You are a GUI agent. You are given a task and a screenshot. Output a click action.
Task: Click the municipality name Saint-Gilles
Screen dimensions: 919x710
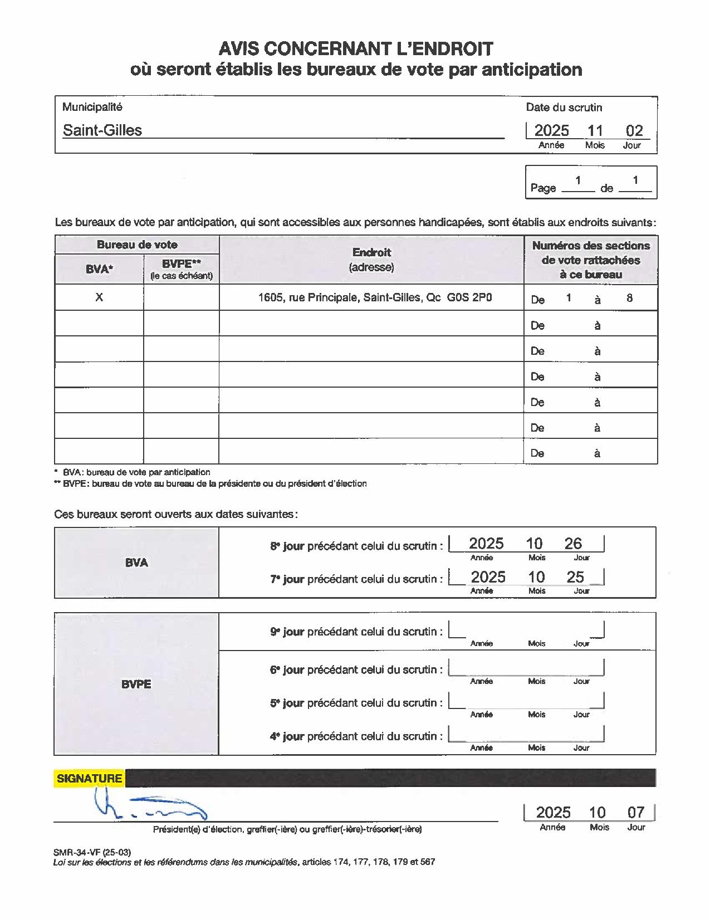point(102,130)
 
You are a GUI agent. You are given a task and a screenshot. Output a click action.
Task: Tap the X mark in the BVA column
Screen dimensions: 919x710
point(99,297)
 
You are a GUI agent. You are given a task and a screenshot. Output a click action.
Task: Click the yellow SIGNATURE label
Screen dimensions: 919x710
point(89,779)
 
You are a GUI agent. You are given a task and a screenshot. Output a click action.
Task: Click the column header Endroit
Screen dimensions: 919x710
point(371,252)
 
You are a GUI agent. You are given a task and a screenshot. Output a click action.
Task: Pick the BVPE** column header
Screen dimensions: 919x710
point(181,264)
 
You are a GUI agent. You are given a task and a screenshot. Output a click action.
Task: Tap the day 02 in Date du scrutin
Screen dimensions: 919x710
point(634,131)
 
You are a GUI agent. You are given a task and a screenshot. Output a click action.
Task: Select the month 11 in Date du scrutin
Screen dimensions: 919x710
point(595,131)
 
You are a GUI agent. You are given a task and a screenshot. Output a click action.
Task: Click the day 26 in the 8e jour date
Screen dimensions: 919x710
point(573,544)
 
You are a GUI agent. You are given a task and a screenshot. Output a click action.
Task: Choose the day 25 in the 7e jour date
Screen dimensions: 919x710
point(575,577)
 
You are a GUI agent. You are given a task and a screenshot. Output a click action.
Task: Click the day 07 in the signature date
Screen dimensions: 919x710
point(635,813)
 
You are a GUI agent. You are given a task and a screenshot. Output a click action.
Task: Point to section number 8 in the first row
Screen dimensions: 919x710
point(629,298)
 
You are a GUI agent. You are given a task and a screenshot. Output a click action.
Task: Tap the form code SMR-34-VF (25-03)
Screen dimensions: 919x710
point(92,852)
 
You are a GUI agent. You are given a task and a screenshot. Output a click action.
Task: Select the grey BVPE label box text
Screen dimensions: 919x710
point(136,684)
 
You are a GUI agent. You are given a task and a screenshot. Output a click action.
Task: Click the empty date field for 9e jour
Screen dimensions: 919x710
point(526,630)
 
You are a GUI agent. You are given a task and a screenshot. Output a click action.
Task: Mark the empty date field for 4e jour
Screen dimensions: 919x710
point(526,735)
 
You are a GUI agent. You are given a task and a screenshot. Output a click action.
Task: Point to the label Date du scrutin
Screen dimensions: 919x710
point(564,107)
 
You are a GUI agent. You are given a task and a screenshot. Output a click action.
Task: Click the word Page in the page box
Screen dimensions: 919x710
point(543,188)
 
